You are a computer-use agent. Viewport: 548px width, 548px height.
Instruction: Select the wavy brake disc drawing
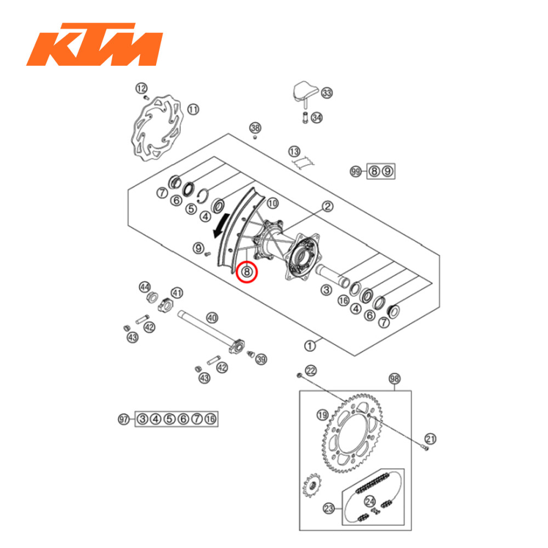pyautogui.click(x=157, y=130)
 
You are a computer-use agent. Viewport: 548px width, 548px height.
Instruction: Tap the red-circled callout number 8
pyautogui.click(x=247, y=271)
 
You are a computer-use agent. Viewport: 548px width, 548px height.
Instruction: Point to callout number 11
pyautogui.click(x=193, y=109)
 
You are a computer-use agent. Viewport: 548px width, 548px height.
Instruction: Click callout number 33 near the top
pyautogui.click(x=327, y=93)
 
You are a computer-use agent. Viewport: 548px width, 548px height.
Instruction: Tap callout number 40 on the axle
pyautogui.click(x=212, y=317)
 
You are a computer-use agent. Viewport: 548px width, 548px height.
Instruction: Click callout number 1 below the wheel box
pyautogui.click(x=310, y=345)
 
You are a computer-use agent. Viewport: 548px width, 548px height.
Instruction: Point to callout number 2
pyautogui.click(x=327, y=207)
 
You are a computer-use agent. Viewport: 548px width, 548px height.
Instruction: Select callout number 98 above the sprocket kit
pyautogui.click(x=395, y=379)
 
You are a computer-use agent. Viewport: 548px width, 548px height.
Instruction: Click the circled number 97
pyautogui.click(x=124, y=419)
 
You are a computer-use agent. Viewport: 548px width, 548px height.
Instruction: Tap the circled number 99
pyautogui.click(x=356, y=172)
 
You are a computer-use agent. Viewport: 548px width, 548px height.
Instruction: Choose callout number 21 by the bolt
pyautogui.click(x=431, y=438)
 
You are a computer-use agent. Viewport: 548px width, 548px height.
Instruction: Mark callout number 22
pyautogui.click(x=311, y=371)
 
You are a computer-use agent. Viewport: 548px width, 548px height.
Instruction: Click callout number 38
pyautogui.click(x=255, y=128)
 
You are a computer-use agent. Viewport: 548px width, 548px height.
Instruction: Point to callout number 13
pyautogui.click(x=295, y=151)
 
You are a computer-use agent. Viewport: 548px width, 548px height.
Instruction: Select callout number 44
pyautogui.click(x=144, y=287)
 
